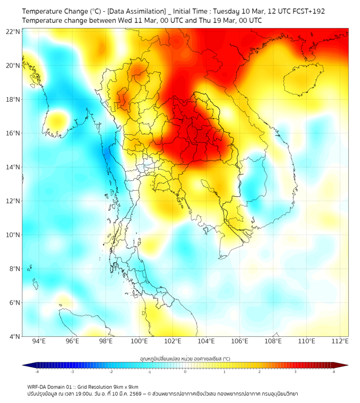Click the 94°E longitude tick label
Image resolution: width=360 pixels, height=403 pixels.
[39, 341]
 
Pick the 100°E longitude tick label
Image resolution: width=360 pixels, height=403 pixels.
[139, 341]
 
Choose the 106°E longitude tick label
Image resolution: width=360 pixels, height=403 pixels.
[240, 341]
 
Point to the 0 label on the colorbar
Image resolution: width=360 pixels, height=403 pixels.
[185, 371]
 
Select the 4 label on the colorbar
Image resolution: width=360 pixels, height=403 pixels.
[334, 371]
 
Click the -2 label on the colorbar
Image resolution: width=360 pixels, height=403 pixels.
[111, 371]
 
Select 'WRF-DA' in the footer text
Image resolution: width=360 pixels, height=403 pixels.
[38, 386]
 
